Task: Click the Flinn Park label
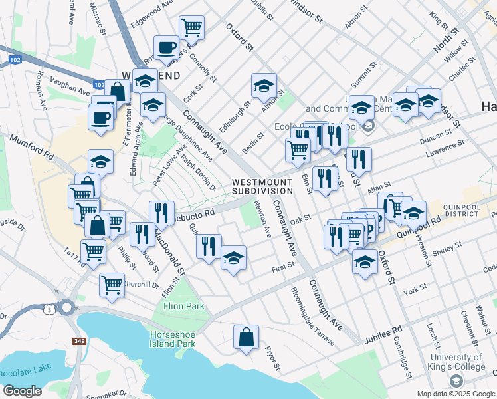tap(184, 306)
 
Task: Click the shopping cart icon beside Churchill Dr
tap(112, 284)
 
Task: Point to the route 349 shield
tap(80, 341)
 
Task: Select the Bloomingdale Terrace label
tap(312, 316)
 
